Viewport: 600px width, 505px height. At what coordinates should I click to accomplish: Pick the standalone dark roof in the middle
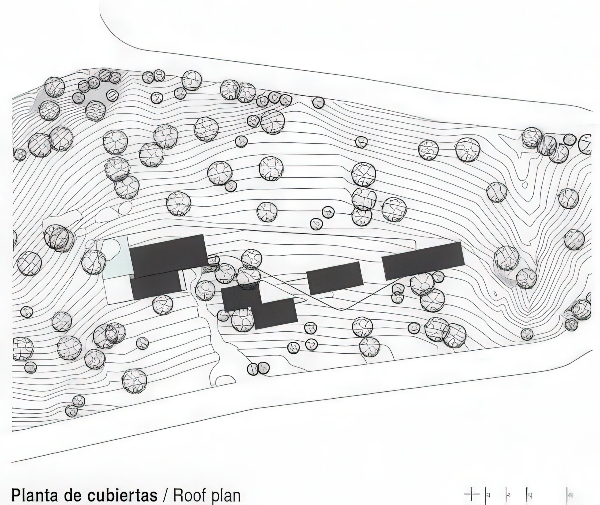(334, 278)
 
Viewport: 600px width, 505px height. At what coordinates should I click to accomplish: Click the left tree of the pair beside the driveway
(253, 368)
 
